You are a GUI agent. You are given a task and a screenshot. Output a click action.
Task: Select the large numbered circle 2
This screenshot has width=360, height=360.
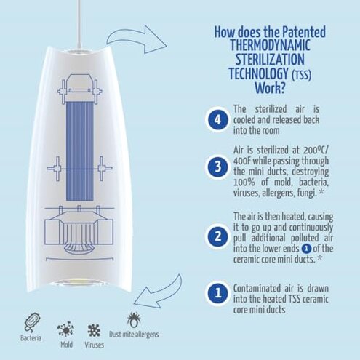click(217, 236)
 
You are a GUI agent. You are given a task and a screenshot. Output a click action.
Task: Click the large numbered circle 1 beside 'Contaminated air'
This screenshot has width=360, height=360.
click(217, 295)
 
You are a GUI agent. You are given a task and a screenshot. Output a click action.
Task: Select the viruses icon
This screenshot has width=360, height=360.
click(93, 321)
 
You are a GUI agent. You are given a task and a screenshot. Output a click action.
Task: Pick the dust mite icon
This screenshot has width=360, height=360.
click(135, 320)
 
